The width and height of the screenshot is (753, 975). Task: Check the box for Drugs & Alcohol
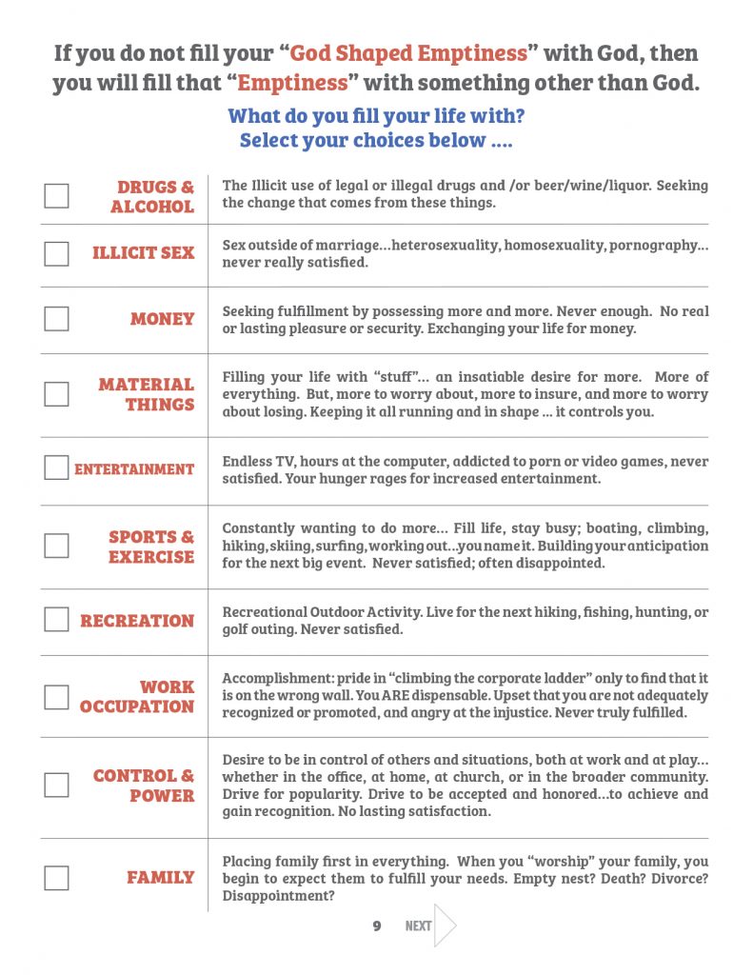tap(56, 196)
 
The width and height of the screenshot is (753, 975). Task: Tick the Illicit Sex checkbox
tap(56, 253)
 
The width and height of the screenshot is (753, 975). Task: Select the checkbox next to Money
tap(56, 319)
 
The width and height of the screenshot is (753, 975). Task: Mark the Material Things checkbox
tap(56, 394)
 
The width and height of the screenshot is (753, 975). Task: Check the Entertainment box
tap(56, 468)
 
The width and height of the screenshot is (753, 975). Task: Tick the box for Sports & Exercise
tap(56, 546)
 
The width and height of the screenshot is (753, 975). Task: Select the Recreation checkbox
tap(56, 620)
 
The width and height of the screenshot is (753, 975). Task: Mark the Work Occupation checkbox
tap(56, 697)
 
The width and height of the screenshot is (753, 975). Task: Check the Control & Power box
tap(56, 786)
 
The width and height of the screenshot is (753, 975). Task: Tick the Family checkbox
tap(56, 877)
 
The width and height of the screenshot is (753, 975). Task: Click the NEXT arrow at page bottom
tap(445, 925)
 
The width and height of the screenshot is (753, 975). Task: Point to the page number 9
tap(377, 925)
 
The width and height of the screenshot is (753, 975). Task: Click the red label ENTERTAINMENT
tap(134, 469)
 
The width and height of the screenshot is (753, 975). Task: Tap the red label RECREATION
tap(137, 621)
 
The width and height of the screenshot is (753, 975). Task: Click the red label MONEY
tap(162, 319)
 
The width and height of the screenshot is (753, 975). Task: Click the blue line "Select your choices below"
tap(376, 141)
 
